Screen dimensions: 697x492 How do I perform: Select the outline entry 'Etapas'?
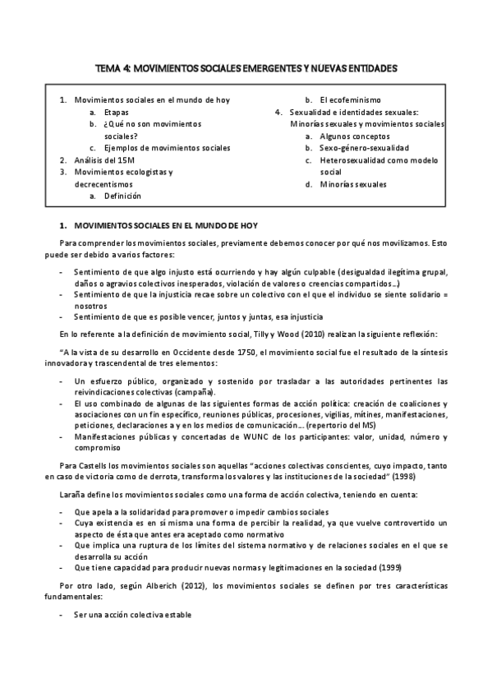pos(116,112)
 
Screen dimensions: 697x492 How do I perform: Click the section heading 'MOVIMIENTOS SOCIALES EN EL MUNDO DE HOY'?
pos(166,224)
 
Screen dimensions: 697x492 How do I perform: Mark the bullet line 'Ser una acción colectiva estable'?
pos(132,615)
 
